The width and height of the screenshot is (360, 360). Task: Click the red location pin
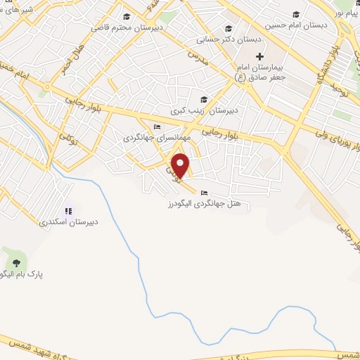tap(181, 165)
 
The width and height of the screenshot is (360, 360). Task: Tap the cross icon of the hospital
tap(259, 56)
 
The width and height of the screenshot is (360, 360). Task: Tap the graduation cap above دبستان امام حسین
tap(296, 15)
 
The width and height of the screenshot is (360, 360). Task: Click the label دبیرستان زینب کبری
tap(205, 111)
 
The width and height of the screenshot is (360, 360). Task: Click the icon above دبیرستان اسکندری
tap(69, 210)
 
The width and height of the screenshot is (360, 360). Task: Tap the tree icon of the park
tap(16, 262)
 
